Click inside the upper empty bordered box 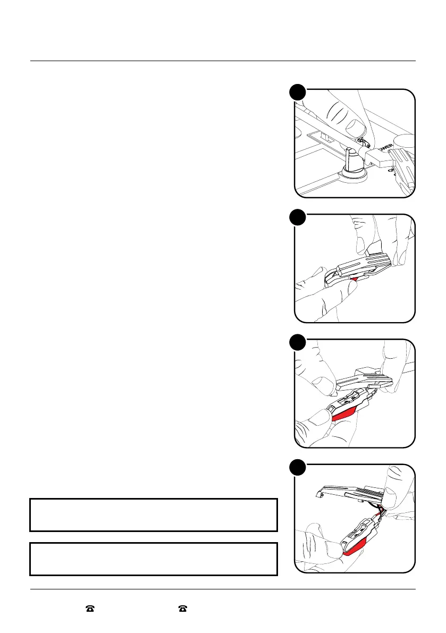154,514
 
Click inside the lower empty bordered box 154,559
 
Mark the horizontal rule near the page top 223,61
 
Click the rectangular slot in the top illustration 324,139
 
